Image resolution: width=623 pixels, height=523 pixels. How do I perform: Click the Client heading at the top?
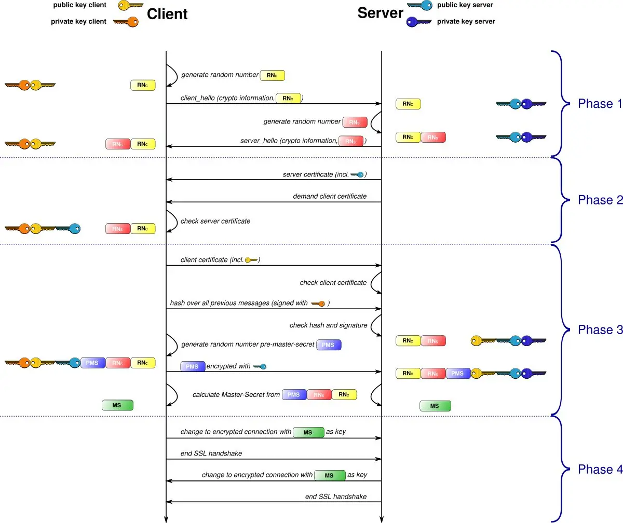point(167,13)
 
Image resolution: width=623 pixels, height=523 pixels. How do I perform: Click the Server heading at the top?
point(380,13)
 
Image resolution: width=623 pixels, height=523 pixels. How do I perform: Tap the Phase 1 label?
point(600,104)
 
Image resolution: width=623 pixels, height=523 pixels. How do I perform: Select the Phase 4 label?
point(600,470)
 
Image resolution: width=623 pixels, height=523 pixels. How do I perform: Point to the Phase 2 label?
point(600,200)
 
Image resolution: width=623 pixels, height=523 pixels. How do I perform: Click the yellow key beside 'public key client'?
point(130,6)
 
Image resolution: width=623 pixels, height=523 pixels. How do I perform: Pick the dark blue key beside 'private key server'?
point(419,22)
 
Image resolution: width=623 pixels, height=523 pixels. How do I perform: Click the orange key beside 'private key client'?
point(126,22)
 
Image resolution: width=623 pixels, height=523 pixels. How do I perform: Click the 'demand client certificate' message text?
point(330,197)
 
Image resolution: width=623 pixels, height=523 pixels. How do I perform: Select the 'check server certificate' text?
point(215,221)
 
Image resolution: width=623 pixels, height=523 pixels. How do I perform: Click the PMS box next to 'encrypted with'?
point(193,366)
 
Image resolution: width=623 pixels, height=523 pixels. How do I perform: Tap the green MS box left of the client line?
point(118,405)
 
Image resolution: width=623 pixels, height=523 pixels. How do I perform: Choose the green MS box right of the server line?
point(435,406)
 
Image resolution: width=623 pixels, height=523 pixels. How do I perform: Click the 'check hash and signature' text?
point(328,325)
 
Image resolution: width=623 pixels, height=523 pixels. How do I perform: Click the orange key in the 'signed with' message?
point(318,303)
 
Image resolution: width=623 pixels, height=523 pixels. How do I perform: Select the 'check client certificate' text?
point(333,283)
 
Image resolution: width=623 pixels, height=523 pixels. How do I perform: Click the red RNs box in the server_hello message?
point(351,141)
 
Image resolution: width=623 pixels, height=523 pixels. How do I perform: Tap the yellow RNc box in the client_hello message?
point(288,98)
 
